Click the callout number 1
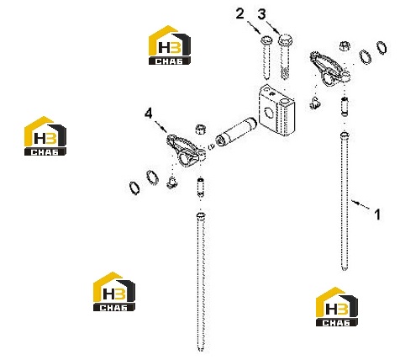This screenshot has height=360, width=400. click(x=377, y=214)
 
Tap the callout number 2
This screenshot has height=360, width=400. click(x=240, y=13)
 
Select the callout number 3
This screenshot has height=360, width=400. click(x=261, y=13)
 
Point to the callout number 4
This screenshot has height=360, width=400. click(x=149, y=114)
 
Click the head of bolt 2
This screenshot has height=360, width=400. click(x=266, y=40)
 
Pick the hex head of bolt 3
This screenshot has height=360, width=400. click(x=285, y=40)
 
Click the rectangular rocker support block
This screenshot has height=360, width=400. click(x=276, y=110)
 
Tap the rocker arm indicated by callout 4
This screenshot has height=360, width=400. click(x=186, y=151)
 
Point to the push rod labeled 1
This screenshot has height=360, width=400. click(x=345, y=201)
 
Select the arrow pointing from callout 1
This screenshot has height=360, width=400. click(x=361, y=204)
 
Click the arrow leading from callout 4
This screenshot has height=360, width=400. click(x=161, y=126)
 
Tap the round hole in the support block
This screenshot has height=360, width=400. click(x=270, y=112)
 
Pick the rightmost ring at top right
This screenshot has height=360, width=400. click(x=382, y=47)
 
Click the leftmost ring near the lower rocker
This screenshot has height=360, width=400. click(x=134, y=188)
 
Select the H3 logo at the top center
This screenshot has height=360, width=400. click(x=170, y=45)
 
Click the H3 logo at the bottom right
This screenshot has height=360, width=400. click(x=337, y=306)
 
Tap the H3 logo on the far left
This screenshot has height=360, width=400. click(x=45, y=136)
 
